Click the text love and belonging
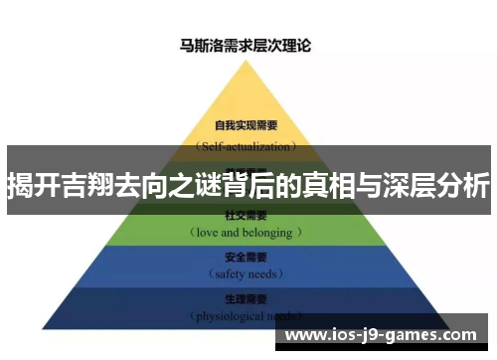[246, 232]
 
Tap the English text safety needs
[245, 271]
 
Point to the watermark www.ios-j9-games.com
[384, 335]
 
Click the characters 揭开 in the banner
[31, 186]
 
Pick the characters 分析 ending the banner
[463, 186]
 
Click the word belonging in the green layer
[267, 232]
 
